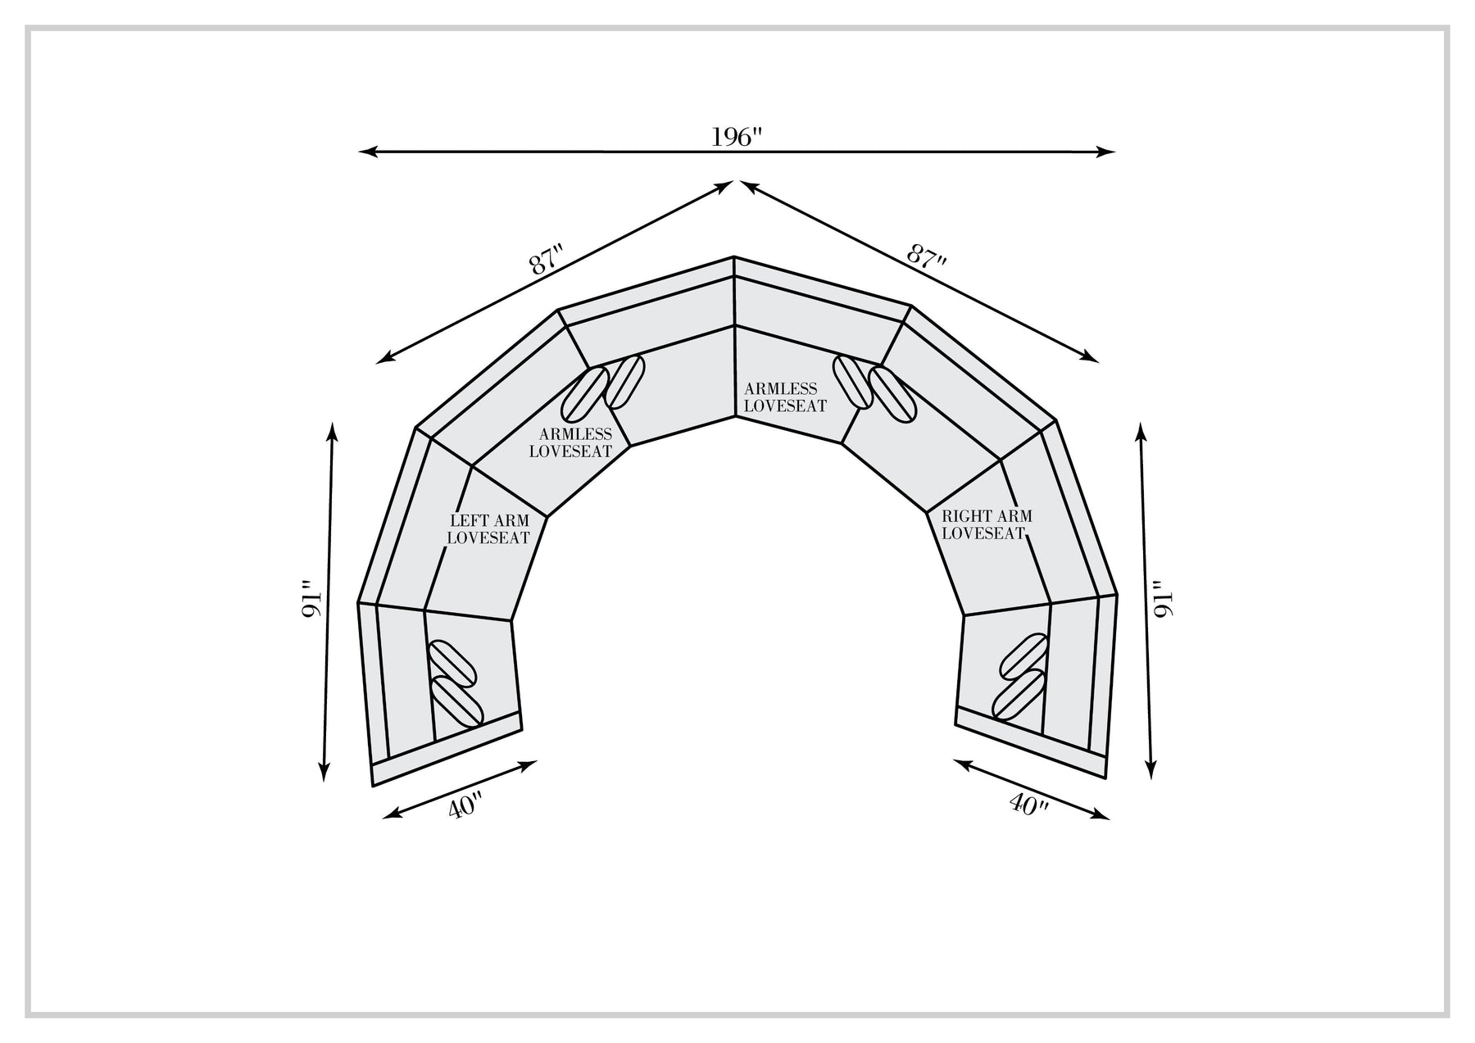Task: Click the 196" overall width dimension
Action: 737,137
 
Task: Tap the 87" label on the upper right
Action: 928,255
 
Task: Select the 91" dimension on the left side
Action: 308,601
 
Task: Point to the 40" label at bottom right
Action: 1029,803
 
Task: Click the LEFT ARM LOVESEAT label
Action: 488,529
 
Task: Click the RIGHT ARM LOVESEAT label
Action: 986,525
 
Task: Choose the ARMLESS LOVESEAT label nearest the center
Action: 785,397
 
